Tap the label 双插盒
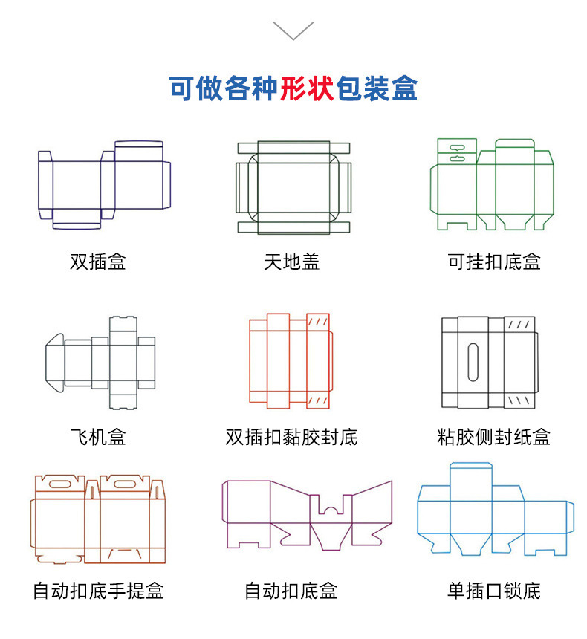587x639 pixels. [98, 262]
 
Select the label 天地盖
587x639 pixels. [292, 262]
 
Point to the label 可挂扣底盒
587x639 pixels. [494, 262]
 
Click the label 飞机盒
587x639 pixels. [98, 437]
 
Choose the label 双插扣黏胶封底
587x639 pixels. [292, 437]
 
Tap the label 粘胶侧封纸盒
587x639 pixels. [494, 437]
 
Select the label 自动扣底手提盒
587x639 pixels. [98, 591]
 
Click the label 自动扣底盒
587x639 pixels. [292, 591]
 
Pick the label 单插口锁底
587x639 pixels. [494, 591]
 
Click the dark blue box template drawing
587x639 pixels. [105, 184]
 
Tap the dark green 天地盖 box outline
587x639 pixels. [293, 187]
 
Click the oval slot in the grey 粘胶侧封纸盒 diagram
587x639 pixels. [473, 362]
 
